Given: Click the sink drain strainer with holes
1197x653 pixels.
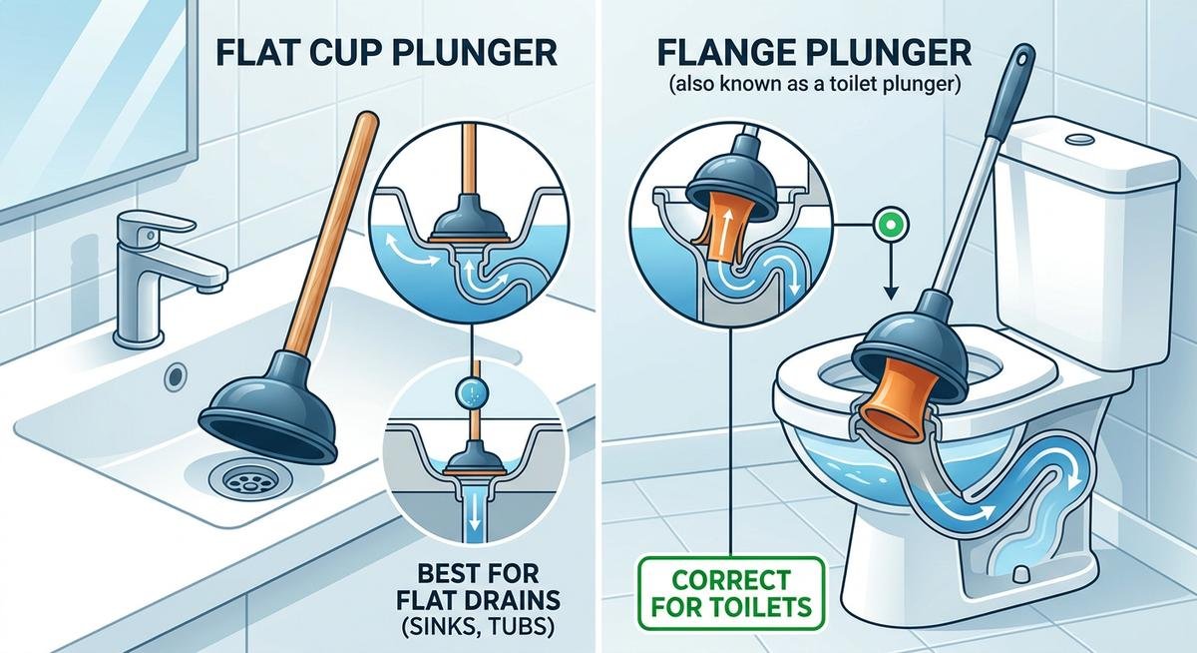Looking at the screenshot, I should coord(241,479).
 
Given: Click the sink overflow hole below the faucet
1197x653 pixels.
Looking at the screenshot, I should coord(176,376).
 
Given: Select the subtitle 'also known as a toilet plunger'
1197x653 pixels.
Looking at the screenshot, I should coord(810,86).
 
